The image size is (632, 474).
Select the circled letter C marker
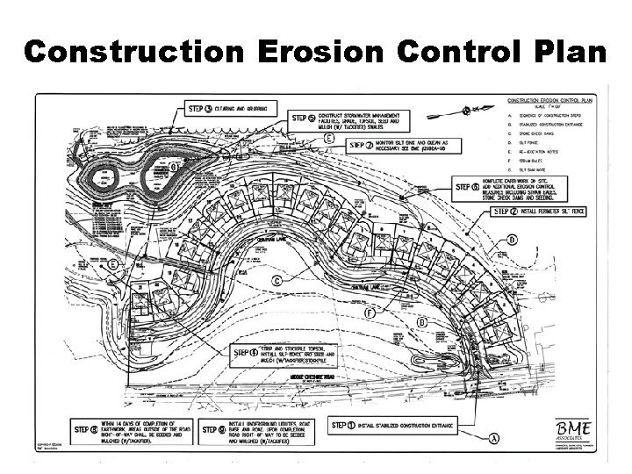278,280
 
